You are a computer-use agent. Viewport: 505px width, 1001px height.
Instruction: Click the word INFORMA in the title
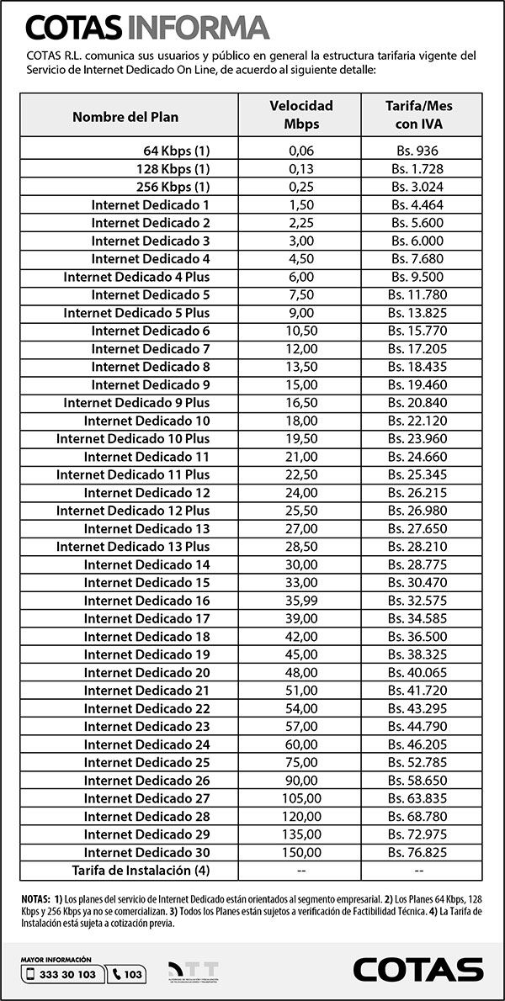(198, 28)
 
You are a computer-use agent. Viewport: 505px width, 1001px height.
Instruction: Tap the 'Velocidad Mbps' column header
(300, 115)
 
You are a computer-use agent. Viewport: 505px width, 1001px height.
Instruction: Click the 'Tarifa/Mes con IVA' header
(419, 115)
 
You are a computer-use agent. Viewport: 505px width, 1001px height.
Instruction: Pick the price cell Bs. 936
(419, 151)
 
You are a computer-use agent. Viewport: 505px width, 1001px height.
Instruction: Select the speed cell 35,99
(300, 601)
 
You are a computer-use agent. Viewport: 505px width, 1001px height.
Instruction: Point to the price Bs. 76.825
(418, 852)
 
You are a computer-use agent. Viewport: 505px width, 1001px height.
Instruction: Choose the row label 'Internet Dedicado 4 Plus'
(136, 277)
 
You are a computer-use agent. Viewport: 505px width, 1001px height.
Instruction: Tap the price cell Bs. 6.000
(418, 241)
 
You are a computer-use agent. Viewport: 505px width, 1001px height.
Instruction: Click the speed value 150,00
(300, 852)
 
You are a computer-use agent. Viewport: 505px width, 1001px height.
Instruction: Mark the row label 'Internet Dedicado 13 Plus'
(133, 547)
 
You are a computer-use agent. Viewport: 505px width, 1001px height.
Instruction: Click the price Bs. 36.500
(418, 637)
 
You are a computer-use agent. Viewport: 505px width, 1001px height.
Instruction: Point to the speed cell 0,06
(300, 151)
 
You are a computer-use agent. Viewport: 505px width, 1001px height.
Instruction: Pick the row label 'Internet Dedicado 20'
(146, 672)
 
